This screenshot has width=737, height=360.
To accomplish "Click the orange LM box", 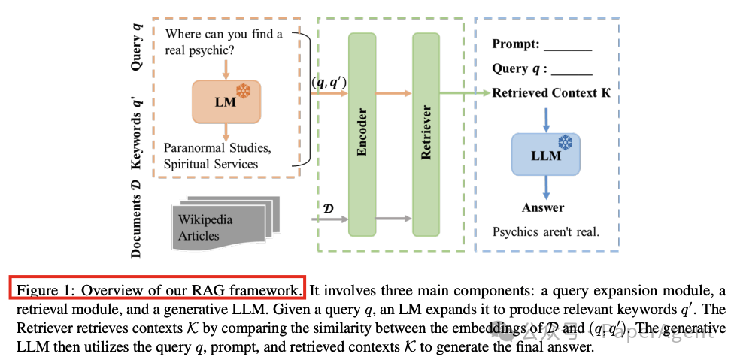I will coord(225,101).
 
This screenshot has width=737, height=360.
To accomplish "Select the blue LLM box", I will coord(546,155).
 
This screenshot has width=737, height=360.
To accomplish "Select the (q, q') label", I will coord(329,83).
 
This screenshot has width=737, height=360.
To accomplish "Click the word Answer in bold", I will coord(543,207).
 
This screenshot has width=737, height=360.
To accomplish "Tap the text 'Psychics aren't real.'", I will coord(546,231).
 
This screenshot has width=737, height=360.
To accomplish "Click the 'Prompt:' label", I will coord(516,44).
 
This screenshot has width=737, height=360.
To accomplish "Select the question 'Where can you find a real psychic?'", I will coord(224,42).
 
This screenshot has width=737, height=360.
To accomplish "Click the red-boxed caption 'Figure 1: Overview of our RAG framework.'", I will coord(157,289).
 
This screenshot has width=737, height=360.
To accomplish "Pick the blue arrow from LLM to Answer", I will coord(546,186).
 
